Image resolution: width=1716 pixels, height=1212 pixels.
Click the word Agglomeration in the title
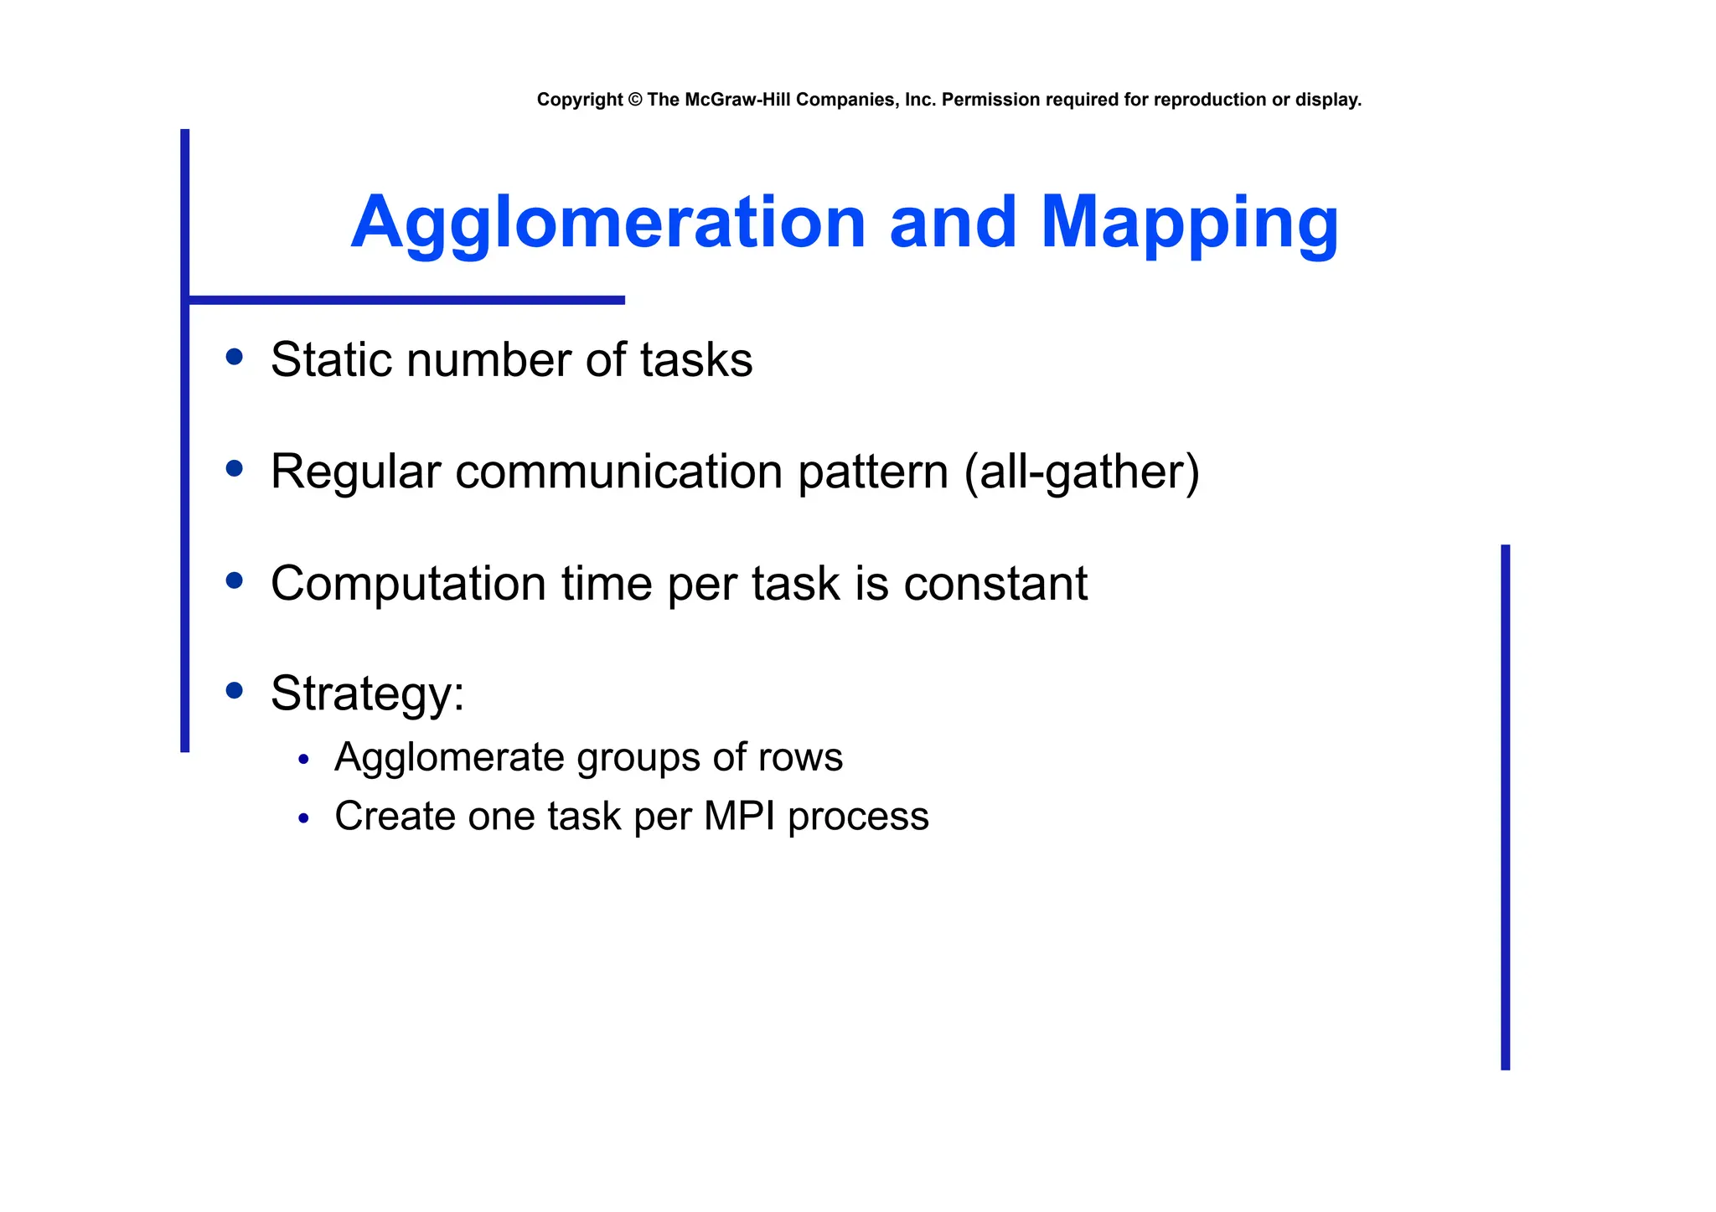[x=607, y=223]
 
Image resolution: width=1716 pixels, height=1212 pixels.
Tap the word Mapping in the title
[x=1189, y=223]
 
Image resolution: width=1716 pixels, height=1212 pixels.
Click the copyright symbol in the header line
[x=634, y=100]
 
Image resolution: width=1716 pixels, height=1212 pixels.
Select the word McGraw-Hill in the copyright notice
[x=737, y=100]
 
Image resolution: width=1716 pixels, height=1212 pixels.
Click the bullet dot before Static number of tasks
[x=235, y=358]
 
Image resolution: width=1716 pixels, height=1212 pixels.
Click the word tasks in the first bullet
[x=695, y=360]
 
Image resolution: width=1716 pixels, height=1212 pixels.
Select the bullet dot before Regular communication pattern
[x=235, y=468]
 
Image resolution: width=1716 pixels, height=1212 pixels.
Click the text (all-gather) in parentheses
[x=1082, y=472]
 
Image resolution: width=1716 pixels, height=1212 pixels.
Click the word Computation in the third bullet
[x=408, y=584]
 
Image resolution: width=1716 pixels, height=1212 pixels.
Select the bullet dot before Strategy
[x=235, y=690]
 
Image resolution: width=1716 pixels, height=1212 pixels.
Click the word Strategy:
[x=367, y=694]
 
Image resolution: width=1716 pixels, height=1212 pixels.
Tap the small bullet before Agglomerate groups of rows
[x=304, y=760]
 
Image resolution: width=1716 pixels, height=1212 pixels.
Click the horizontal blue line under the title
[x=406, y=300]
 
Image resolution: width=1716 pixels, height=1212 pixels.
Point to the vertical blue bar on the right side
[x=1505, y=807]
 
